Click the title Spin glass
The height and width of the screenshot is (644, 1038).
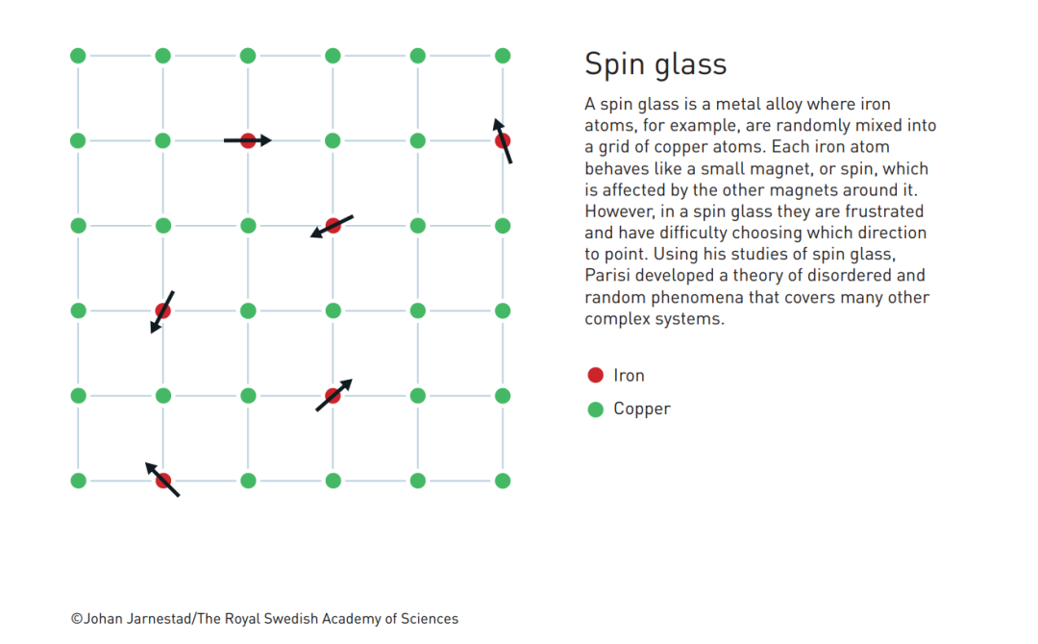655,64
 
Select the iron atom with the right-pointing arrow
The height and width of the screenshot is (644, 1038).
248,141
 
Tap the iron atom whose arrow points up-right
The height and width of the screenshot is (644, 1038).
333,395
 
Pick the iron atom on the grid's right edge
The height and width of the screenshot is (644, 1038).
502,141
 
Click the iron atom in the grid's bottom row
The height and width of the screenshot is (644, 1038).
163,480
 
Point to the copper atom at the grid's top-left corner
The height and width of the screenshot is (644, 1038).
78,56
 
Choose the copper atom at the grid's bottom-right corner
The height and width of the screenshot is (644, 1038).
502,480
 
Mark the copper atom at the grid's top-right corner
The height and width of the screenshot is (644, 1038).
502,56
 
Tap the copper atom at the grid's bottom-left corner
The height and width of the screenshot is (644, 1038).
78,480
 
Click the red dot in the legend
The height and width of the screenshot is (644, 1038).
595,376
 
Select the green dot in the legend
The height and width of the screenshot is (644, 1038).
595,409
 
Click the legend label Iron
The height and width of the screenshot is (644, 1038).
629,376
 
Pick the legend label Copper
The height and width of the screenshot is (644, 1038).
642,409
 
